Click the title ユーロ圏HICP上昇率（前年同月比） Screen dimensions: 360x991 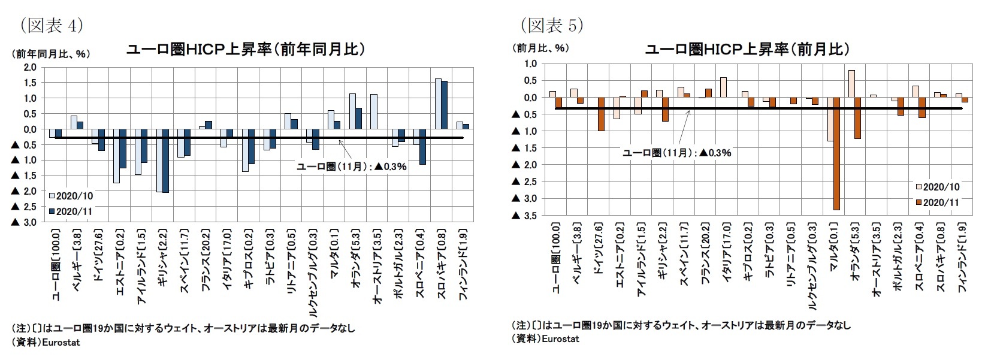pyautogui.click(x=246, y=49)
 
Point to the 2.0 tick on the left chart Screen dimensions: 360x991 pyautogui.click(x=29, y=67)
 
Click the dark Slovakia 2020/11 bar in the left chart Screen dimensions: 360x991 pyautogui.click(x=444, y=105)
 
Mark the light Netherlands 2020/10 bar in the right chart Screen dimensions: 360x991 pyautogui.click(x=851, y=84)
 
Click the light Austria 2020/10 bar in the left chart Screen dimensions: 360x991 pyautogui.click(x=374, y=111)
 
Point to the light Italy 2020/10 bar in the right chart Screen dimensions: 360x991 pyautogui.click(x=723, y=87)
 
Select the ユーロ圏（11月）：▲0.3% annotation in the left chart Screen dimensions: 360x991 pyautogui.click(x=352, y=167)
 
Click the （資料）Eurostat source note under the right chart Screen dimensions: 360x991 pyautogui.click(x=546, y=339)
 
